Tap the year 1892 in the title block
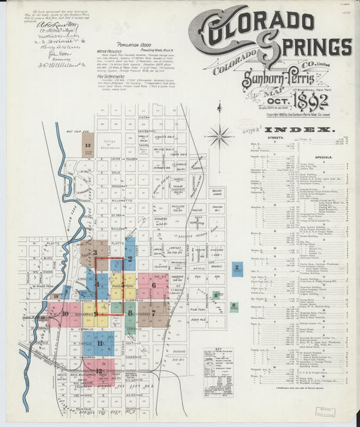point(302,102)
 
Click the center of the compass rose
point(220,137)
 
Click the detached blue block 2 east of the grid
point(237,268)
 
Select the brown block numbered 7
point(157,313)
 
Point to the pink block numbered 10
point(66,314)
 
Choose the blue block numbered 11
point(100,343)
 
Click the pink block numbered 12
point(99,371)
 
